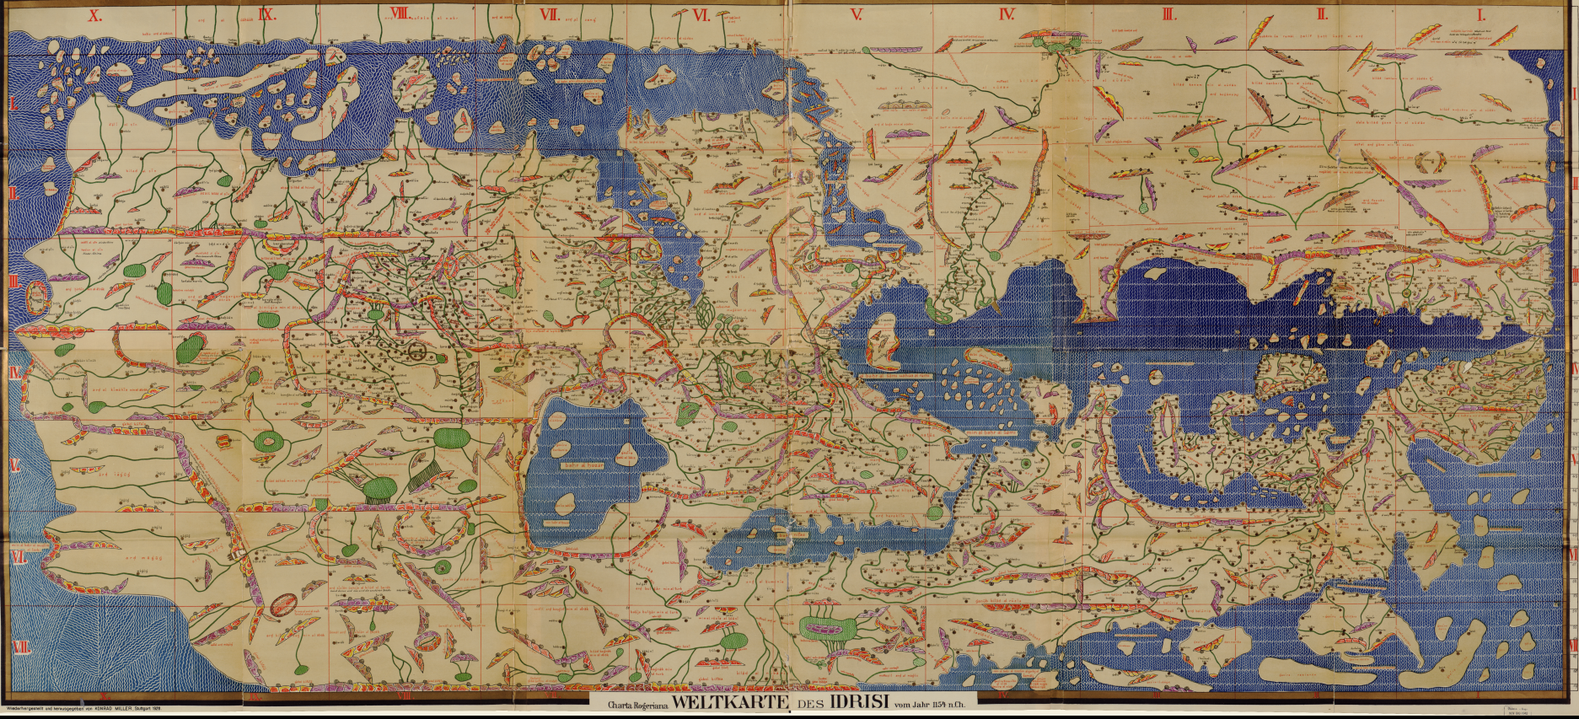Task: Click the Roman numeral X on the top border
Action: pyautogui.click(x=95, y=14)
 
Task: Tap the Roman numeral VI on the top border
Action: pyautogui.click(x=701, y=14)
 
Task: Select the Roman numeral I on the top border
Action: pyautogui.click(x=1480, y=14)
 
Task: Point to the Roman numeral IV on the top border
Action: pyautogui.click(x=1006, y=14)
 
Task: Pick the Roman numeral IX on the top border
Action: pyautogui.click(x=267, y=14)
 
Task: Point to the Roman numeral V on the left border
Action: pyautogui.click(x=14, y=466)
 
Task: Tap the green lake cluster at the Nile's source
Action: pyautogui.click(x=830, y=628)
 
